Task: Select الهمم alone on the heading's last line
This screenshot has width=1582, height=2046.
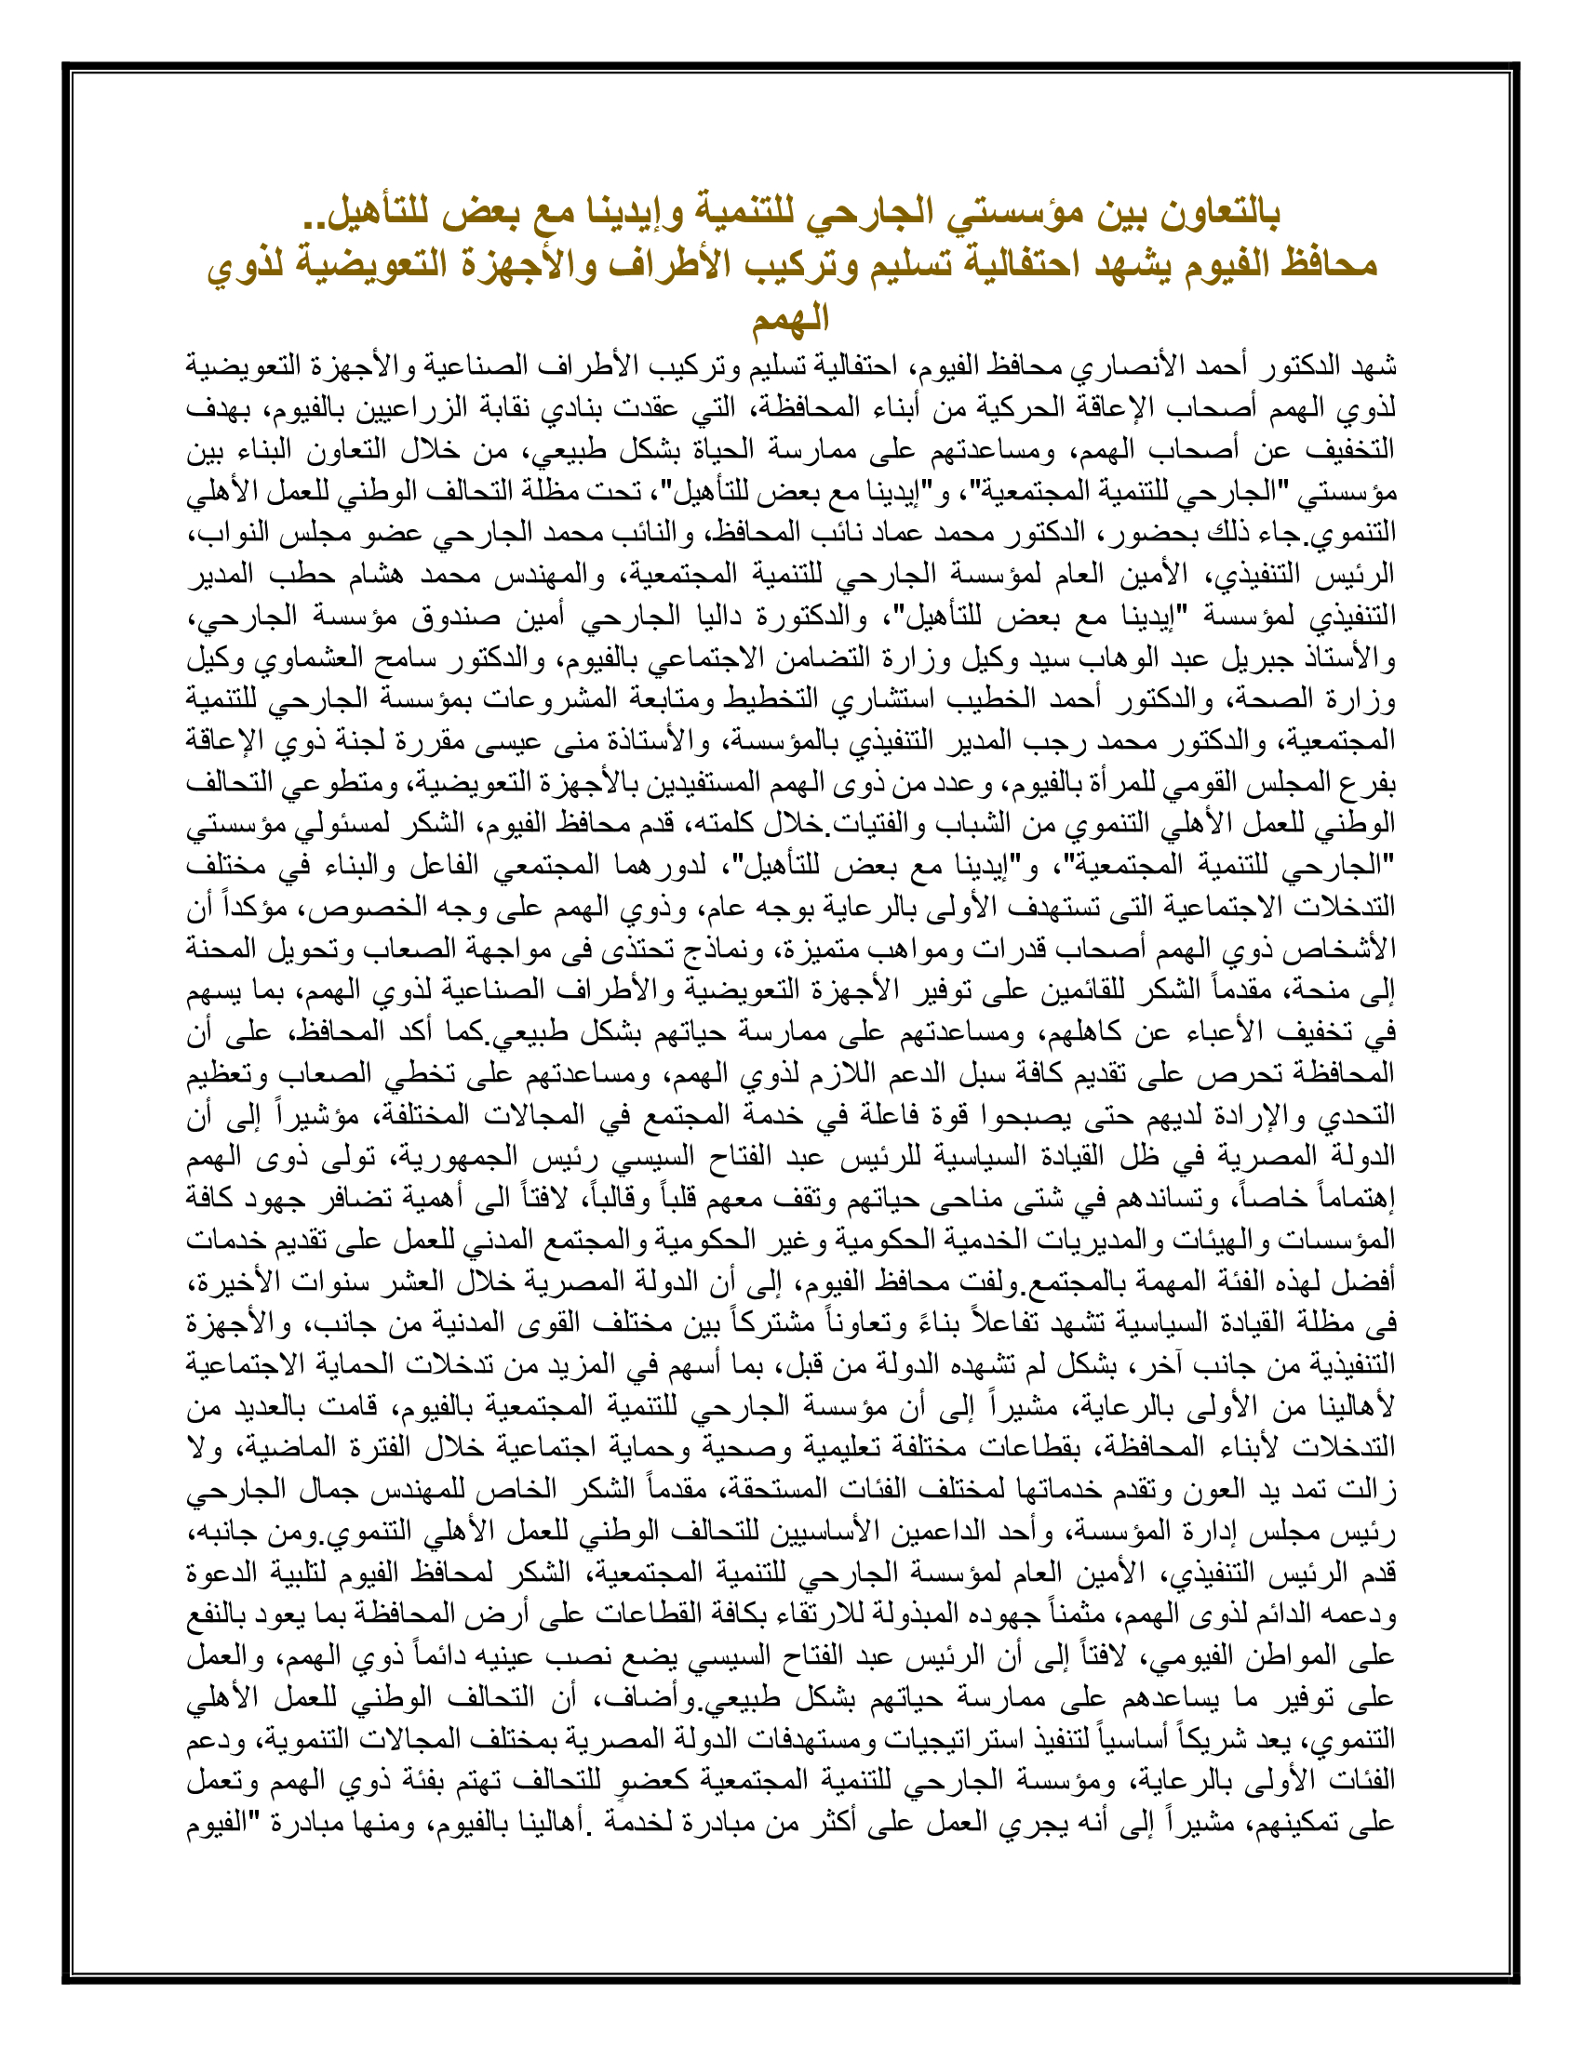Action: click(x=790, y=318)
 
